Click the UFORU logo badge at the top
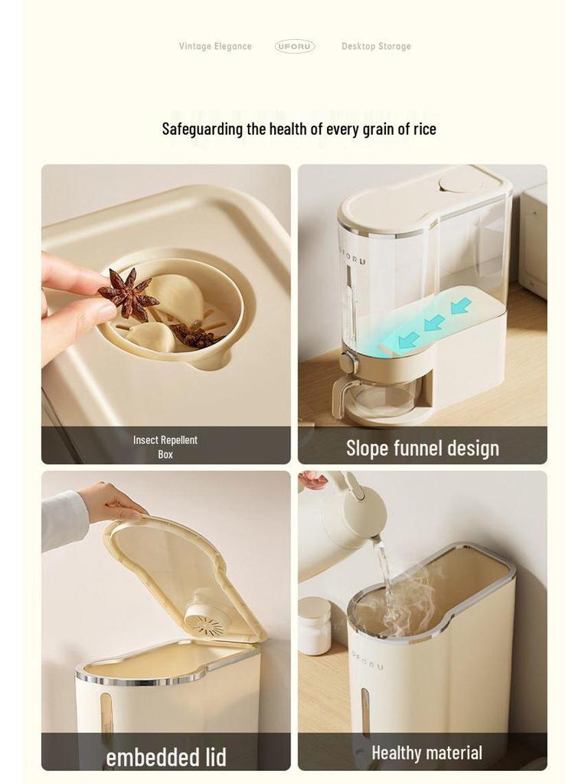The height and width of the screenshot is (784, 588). coord(295,46)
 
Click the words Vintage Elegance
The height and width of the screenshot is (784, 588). coord(215,46)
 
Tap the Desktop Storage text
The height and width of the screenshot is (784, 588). coord(376,46)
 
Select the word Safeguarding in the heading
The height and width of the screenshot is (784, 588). coord(202,129)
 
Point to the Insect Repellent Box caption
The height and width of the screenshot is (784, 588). coord(165,446)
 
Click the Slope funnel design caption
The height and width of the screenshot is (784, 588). coord(422,448)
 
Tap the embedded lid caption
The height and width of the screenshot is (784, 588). coord(166,757)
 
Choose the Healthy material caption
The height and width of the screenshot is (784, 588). coord(426,753)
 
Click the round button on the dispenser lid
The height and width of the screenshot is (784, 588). coord(460,182)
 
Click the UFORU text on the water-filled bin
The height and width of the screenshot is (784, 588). coord(368,660)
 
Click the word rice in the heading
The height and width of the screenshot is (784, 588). coord(425,129)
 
